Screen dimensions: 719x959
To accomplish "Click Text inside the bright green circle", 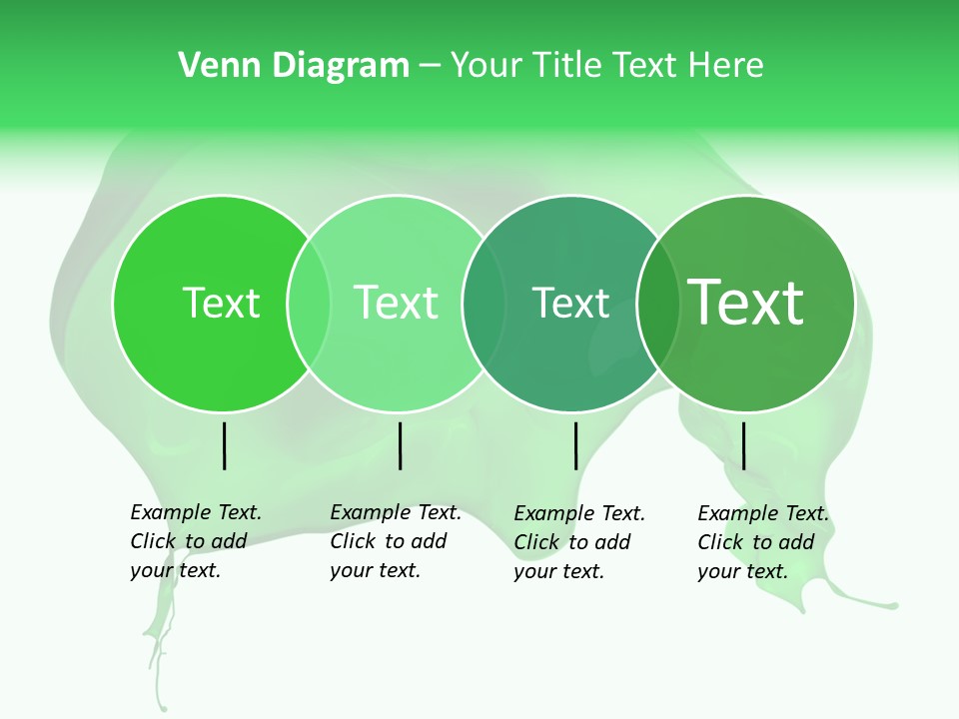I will pos(221,303).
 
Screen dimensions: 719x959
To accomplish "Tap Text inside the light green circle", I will pos(396,303).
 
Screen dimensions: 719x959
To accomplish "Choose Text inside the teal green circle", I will pos(570,303).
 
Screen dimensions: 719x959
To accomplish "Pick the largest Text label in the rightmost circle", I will pos(746,303).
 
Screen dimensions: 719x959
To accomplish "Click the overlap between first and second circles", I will pos(309,304).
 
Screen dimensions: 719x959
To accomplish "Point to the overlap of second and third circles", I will pos(483,304).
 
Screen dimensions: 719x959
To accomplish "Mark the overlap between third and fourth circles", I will pos(658,304).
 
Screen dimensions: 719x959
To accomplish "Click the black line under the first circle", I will pos(225,445).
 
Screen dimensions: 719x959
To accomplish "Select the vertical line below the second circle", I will pos(400,445).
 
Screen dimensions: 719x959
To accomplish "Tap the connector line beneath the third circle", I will pos(575,445).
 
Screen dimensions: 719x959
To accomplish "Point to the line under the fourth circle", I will pos(743,445).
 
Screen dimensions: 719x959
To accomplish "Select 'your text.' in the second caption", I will pos(375,570).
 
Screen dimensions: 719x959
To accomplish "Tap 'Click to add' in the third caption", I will pos(571,542).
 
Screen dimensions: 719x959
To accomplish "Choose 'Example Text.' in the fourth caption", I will pos(763,513).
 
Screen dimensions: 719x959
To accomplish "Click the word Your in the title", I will pos(486,66).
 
